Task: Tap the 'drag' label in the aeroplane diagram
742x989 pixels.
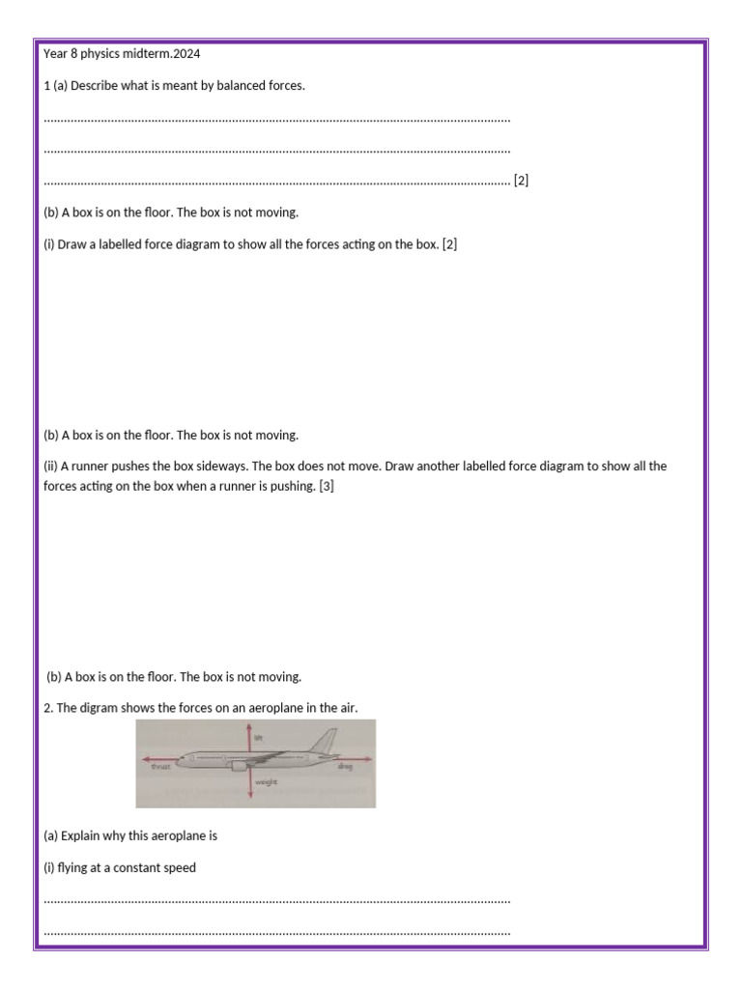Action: pyautogui.click(x=345, y=767)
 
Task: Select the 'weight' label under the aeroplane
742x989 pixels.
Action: pyautogui.click(x=267, y=783)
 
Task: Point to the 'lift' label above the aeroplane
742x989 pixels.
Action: pyautogui.click(x=258, y=737)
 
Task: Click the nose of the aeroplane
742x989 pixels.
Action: pyautogui.click(x=180, y=760)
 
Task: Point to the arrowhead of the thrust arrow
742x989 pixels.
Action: pyautogui.click(x=142, y=759)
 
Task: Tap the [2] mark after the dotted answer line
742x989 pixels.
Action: pyautogui.click(x=521, y=181)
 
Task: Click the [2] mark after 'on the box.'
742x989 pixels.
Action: pyautogui.click(x=449, y=244)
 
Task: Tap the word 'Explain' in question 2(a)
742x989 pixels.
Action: pyautogui.click(x=81, y=836)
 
